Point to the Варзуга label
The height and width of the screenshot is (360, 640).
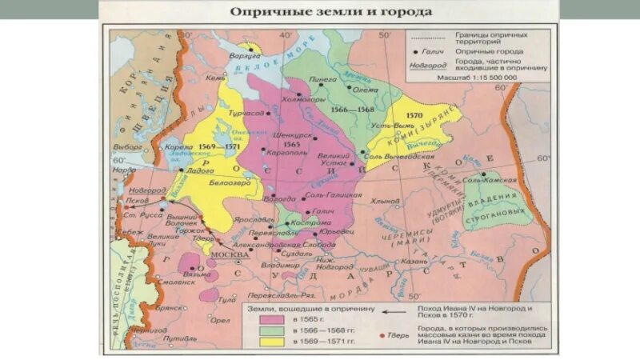[247, 58]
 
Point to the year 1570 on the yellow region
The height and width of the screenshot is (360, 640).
[413, 114]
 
